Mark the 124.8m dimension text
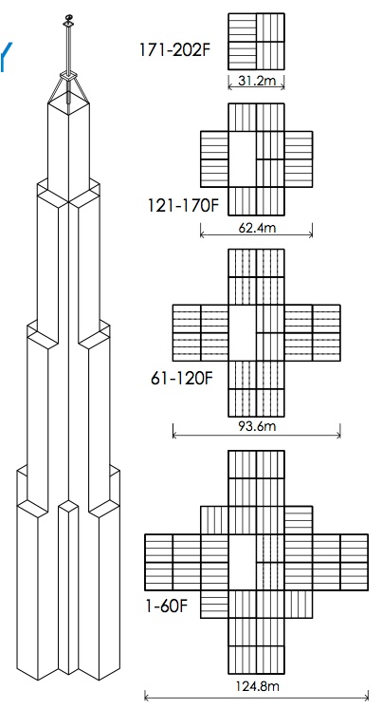pos(256,684)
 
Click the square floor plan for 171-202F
pos(256,42)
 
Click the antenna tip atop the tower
pos(67,18)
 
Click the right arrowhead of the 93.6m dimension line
pos(339,436)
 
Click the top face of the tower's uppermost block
pos(69,103)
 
